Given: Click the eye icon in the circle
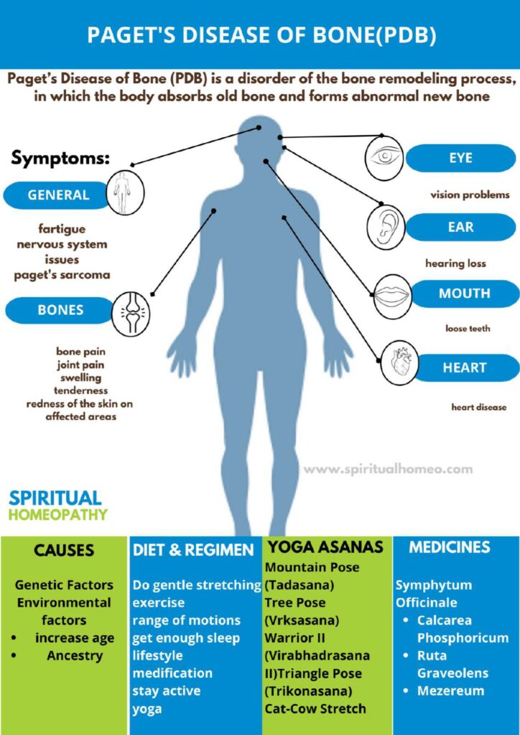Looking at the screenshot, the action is [384, 156].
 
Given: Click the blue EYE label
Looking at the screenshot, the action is [460, 158].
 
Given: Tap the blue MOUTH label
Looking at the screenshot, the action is [463, 294].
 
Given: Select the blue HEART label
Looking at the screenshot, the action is [464, 367].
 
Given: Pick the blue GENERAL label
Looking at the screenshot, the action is [57, 195].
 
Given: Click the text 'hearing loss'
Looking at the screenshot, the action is [455, 263].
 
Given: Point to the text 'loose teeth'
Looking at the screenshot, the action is [468, 329].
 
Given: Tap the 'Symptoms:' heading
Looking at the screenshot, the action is [60, 158].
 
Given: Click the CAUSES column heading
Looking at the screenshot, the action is [64, 550].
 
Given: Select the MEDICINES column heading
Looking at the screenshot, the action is [449, 547].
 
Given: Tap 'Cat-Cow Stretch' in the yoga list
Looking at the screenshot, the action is [315, 708].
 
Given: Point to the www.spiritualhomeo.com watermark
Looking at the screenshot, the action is [389, 469].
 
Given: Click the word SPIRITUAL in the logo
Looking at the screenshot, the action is [55, 498].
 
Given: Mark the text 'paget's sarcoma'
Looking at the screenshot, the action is [62, 275].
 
